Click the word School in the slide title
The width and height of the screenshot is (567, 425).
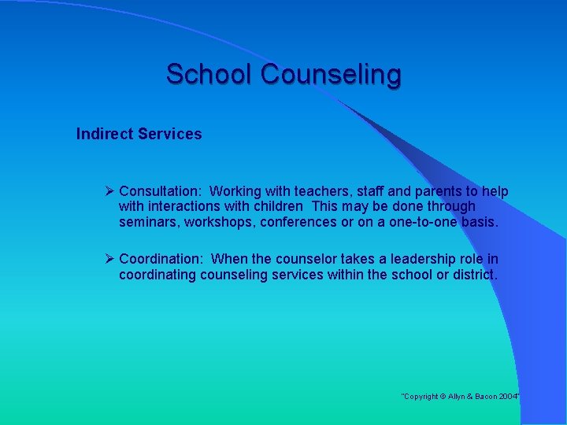pyautogui.click(x=209, y=75)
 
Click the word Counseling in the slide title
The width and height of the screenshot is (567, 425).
pyautogui.click(x=331, y=75)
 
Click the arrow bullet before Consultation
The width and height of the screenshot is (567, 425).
pyautogui.click(x=110, y=191)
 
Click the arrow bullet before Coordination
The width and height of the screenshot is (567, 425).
pyautogui.click(x=110, y=259)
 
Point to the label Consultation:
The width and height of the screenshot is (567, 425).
pyautogui.click(x=162, y=191)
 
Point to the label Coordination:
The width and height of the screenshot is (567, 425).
pyautogui.click(x=163, y=259)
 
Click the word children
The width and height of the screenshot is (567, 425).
pyautogui.click(x=276, y=206)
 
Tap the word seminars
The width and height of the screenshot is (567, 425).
pyautogui.click(x=149, y=222)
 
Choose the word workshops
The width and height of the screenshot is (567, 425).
pyautogui.click(x=221, y=222)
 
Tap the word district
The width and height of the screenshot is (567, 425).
pyautogui.click(x=475, y=275)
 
